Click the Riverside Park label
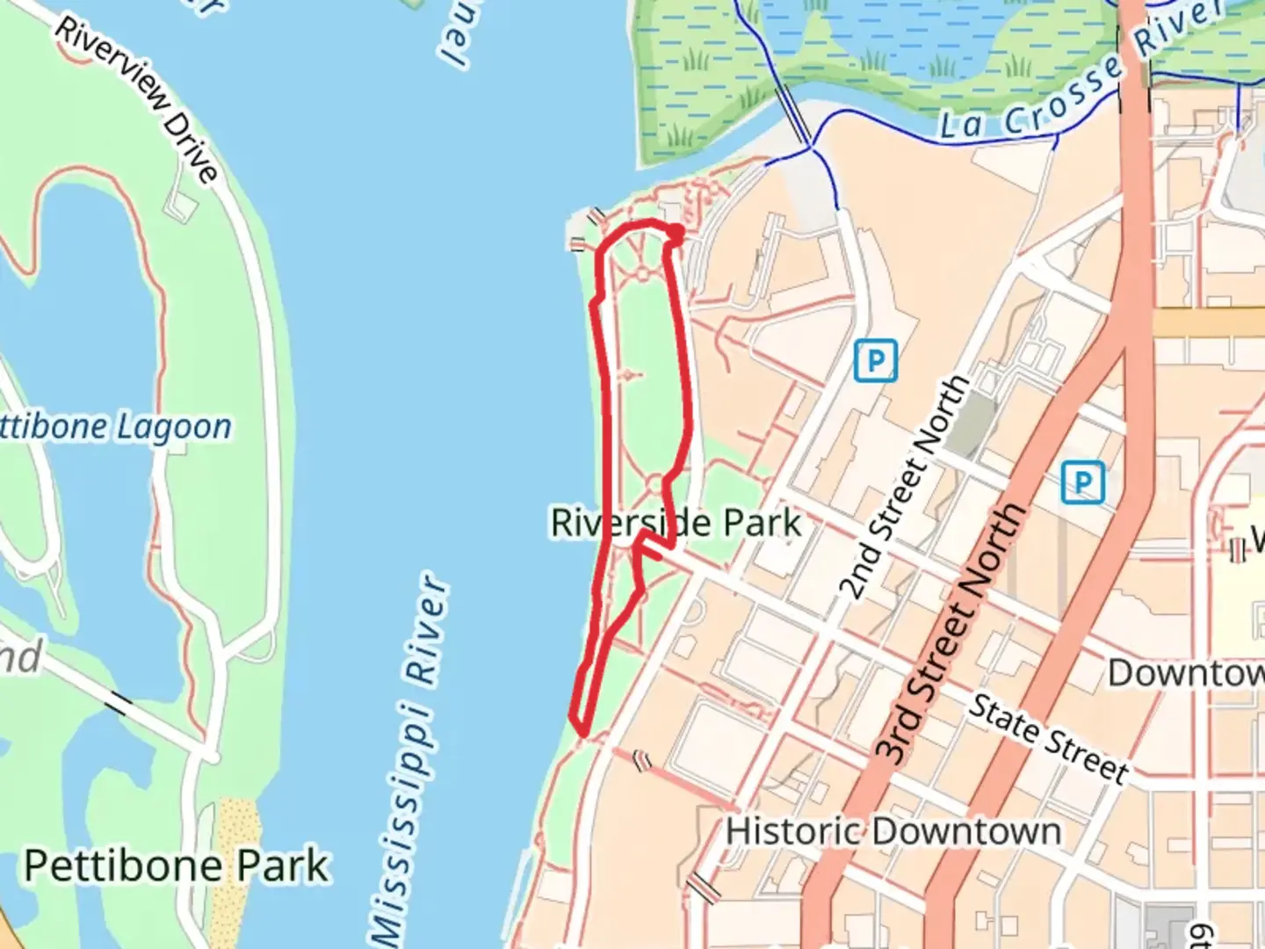[x=676, y=523]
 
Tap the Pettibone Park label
[x=176, y=866]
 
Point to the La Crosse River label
[x=1081, y=75]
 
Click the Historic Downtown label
[x=893, y=830]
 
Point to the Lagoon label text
[x=174, y=427]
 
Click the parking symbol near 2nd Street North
[x=875, y=360]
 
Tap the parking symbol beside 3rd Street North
[x=1082, y=482]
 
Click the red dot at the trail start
[x=676, y=234]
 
